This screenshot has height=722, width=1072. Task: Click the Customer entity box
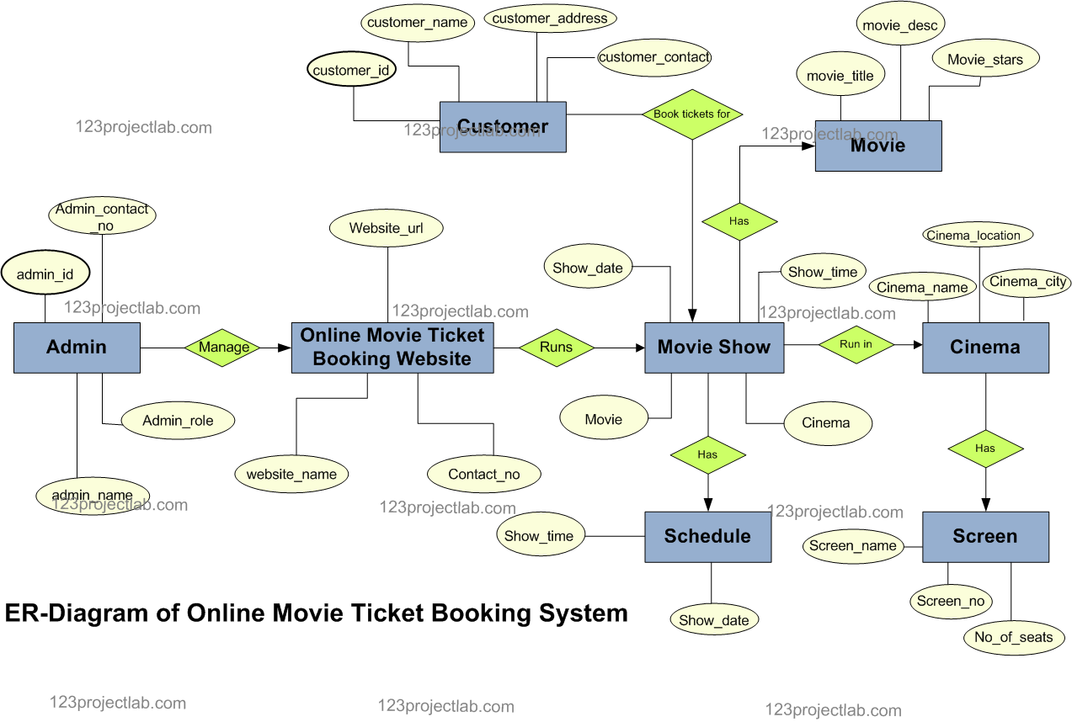(503, 127)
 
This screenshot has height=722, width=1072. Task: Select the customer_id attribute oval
(351, 70)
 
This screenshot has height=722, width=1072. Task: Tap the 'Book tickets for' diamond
(691, 114)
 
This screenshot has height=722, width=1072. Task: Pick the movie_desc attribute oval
(899, 25)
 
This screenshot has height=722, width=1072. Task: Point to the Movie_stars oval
(984, 60)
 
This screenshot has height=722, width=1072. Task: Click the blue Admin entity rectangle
(77, 347)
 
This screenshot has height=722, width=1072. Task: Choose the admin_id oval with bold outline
(45, 274)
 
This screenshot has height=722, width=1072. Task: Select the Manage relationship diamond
(223, 347)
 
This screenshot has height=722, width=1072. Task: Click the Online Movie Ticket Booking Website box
(392, 347)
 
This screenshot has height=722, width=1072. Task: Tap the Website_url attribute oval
(386, 228)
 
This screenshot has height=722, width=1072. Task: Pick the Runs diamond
(556, 347)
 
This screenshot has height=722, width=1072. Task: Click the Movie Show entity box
(713, 347)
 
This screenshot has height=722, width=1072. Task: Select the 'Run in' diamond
(856, 344)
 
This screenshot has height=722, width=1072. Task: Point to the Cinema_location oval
(978, 236)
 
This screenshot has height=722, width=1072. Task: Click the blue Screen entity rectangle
(985, 536)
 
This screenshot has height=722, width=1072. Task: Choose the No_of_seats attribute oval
(1013, 637)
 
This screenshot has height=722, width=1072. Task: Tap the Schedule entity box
(707, 536)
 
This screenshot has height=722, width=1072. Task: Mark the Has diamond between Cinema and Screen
(984, 449)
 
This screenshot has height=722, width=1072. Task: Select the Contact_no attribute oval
(483, 475)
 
